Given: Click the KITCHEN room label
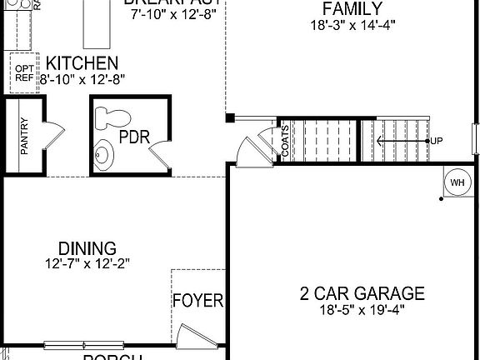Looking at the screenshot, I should click(82, 63).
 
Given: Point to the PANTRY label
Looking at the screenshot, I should click(24, 135).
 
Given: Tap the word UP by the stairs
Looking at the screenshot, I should click(437, 141).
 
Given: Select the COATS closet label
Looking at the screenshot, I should click(285, 141).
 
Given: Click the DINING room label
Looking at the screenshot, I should click(87, 248).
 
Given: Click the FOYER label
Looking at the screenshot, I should click(198, 300).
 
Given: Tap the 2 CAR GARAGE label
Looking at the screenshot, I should click(362, 293).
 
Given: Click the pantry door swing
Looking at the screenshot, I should click(50, 132).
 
